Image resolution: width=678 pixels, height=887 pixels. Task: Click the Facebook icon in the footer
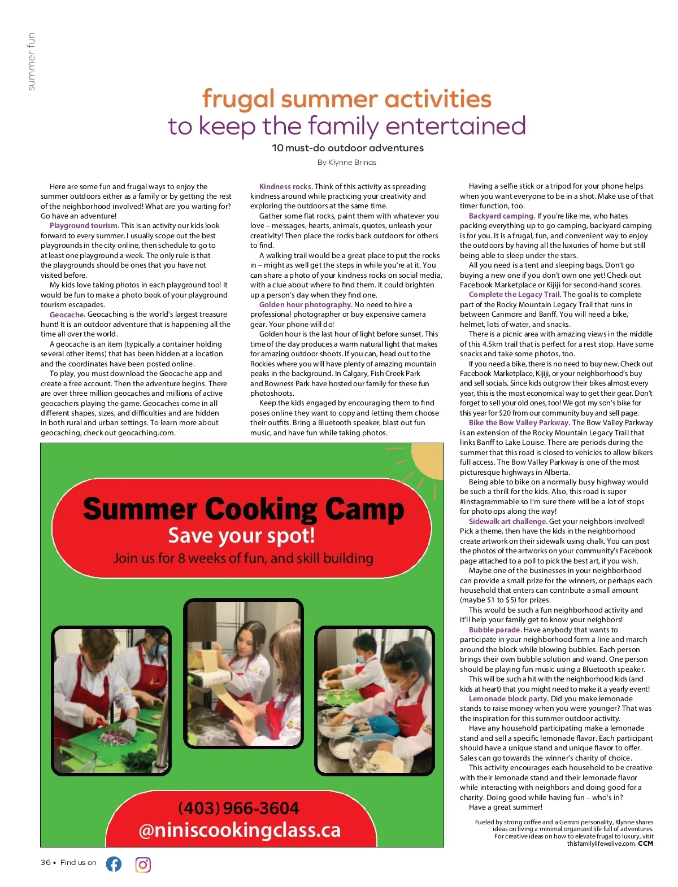pyautogui.click(x=114, y=864)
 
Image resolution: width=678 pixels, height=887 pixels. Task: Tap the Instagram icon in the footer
pyautogui.click(x=143, y=864)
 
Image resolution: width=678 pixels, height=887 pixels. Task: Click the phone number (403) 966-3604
pyautogui.click(x=238, y=808)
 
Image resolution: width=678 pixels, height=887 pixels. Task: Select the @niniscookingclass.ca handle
pyautogui.click(x=240, y=830)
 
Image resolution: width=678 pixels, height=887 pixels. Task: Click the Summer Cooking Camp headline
pyautogui.click(x=244, y=509)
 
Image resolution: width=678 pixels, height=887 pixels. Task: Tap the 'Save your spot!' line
pyautogui.click(x=241, y=535)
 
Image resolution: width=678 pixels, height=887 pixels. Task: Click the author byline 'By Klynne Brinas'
pyautogui.click(x=346, y=163)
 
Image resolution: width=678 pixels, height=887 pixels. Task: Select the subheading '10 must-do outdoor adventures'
pyautogui.click(x=347, y=148)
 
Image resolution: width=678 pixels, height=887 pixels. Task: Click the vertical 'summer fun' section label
pyautogui.click(x=31, y=61)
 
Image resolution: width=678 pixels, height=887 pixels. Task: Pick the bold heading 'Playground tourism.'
pyautogui.click(x=84, y=226)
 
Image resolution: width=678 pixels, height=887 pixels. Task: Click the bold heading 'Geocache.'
pyautogui.click(x=67, y=314)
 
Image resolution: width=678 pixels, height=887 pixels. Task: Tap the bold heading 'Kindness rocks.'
pyautogui.click(x=285, y=186)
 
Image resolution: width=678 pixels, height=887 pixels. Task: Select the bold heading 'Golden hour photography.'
pyautogui.click(x=305, y=305)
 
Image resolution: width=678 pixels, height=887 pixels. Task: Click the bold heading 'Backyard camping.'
pyautogui.click(x=501, y=216)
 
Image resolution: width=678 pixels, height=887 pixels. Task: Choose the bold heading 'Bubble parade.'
pyautogui.click(x=494, y=630)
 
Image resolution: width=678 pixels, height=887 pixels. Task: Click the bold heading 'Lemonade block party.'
pyautogui.click(x=508, y=699)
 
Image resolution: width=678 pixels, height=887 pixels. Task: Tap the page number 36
pyautogui.click(x=46, y=863)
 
